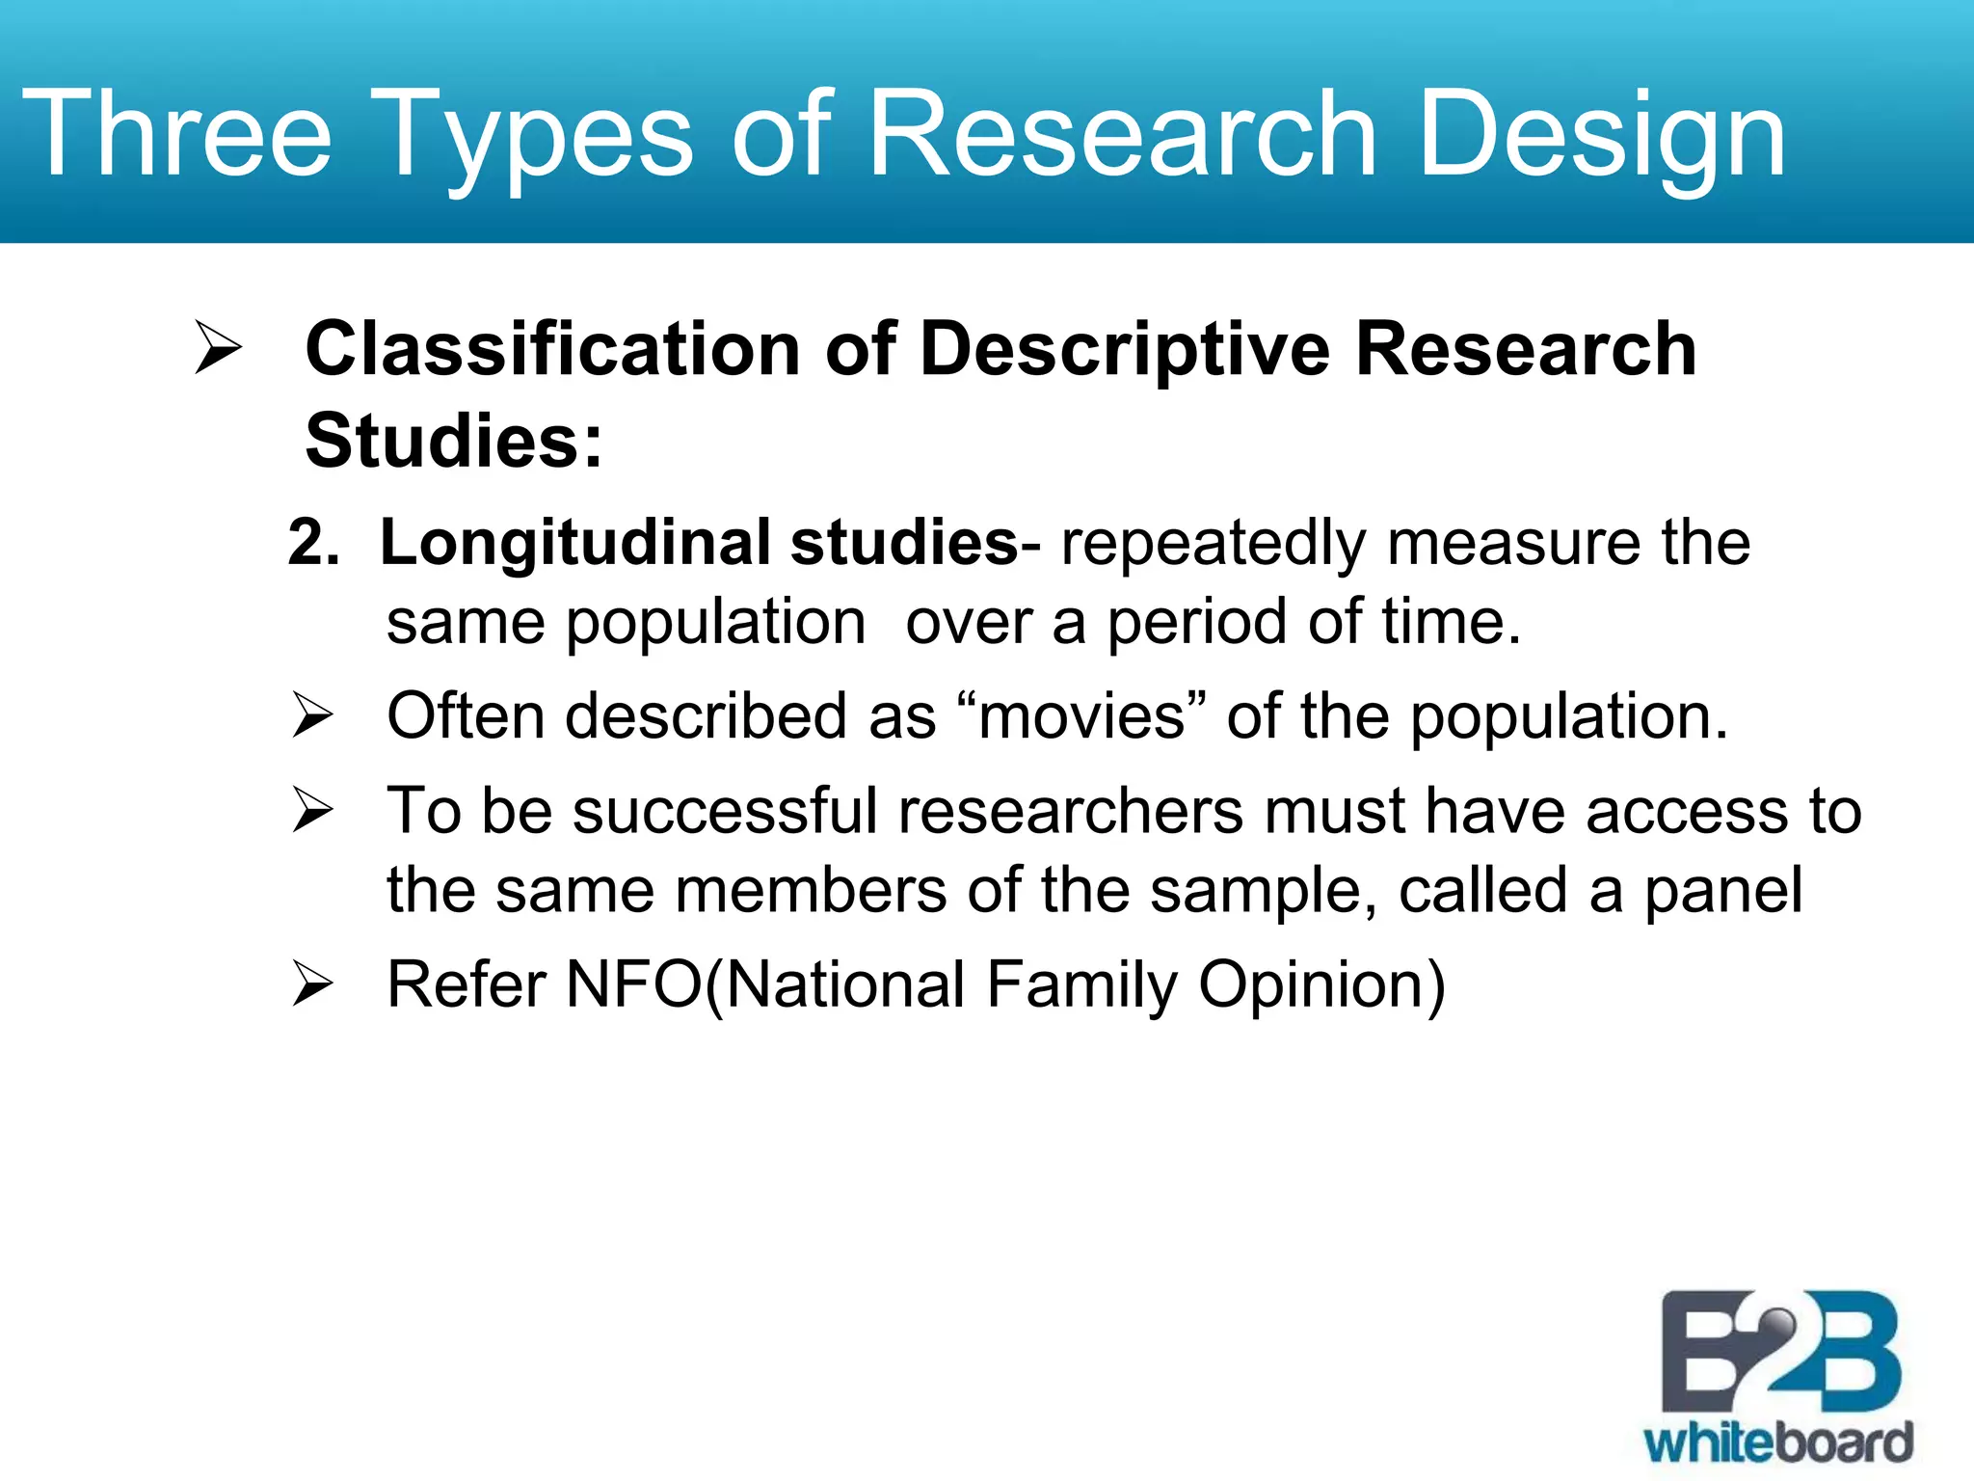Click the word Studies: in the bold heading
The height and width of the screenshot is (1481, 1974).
(454, 441)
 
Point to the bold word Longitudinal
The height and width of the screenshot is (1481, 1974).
(574, 542)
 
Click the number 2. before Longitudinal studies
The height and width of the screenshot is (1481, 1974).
(313, 542)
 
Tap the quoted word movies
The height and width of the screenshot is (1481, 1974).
(1081, 716)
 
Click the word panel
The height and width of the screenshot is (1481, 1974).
(1722, 890)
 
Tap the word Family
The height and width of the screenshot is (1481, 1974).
(1081, 986)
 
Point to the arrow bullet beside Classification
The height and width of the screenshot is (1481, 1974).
(218, 347)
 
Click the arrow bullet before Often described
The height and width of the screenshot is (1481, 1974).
(312, 715)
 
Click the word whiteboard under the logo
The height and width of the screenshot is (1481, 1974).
(1778, 1443)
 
